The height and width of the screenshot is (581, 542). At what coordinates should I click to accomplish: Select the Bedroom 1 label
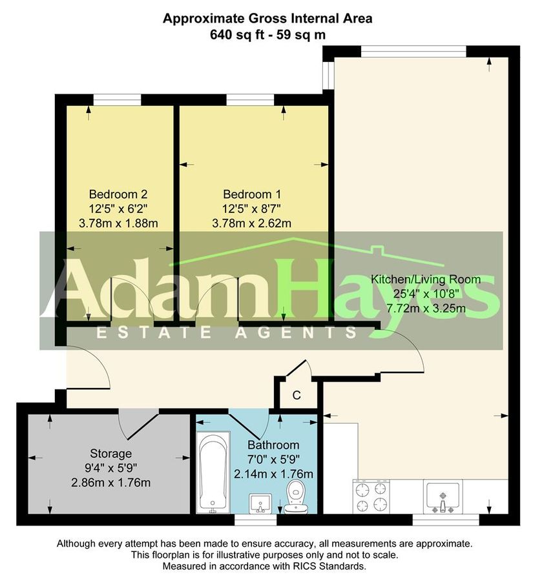click(252, 194)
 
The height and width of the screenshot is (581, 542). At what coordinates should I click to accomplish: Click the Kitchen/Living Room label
click(426, 280)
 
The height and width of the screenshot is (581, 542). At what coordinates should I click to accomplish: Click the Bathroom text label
click(273, 445)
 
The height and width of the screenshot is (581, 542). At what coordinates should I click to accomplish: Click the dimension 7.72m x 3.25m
click(426, 308)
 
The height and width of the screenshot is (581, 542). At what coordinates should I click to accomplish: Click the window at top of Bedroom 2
click(117, 99)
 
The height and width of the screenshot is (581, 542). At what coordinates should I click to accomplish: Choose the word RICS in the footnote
click(291, 566)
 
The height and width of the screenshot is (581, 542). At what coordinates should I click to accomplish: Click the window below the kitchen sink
click(445, 519)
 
